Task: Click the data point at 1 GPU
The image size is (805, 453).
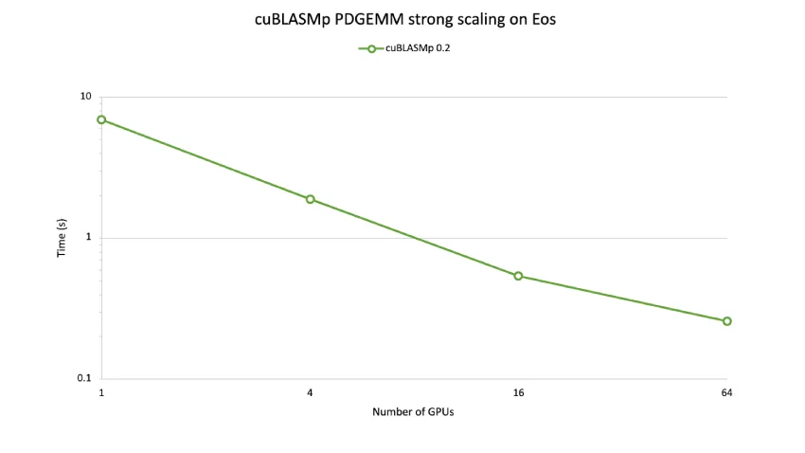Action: pyautogui.click(x=101, y=119)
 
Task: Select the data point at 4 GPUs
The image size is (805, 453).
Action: pyautogui.click(x=310, y=199)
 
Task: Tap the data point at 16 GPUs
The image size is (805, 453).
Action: pyautogui.click(x=518, y=276)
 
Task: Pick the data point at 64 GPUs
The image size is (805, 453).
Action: pyautogui.click(x=726, y=321)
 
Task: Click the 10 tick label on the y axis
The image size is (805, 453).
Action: pyautogui.click(x=86, y=98)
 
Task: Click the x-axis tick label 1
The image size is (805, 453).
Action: pyautogui.click(x=101, y=392)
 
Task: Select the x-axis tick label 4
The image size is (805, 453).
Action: pyautogui.click(x=310, y=392)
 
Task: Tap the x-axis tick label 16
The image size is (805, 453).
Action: pyautogui.click(x=518, y=392)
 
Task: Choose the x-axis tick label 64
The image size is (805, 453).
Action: pyautogui.click(x=726, y=392)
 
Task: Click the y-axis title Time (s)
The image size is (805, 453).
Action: pyautogui.click(x=63, y=238)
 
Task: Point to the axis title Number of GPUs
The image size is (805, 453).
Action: pyautogui.click(x=413, y=411)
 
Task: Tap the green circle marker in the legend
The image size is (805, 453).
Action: pyautogui.click(x=371, y=48)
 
